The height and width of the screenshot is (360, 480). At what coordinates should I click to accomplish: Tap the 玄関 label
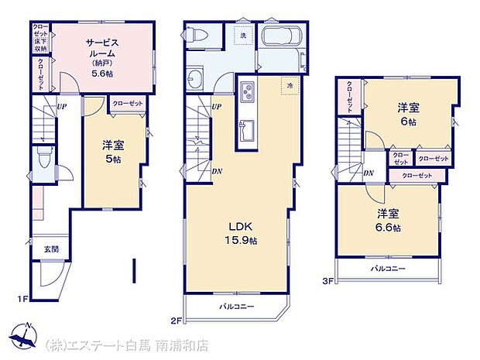(51, 249)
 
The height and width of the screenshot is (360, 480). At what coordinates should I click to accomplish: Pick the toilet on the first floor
(45, 162)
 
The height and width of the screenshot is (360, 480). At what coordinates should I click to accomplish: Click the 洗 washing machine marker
(242, 35)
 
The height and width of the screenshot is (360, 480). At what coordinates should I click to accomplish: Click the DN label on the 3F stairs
(369, 173)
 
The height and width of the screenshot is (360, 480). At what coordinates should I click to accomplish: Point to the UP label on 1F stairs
(60, 108)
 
